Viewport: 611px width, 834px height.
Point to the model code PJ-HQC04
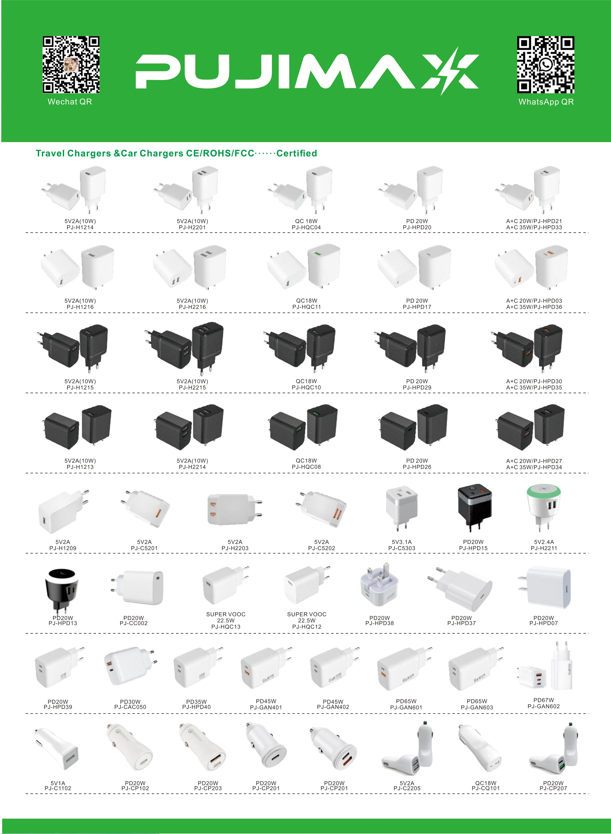(306, 227)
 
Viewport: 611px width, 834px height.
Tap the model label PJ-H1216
(80, 307)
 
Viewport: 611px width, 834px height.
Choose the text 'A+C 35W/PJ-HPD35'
(534, 388)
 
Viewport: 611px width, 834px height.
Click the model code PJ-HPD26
(417, 467)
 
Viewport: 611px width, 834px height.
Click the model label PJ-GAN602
(544, 706)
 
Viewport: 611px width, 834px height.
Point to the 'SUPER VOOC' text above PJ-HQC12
(307, 614)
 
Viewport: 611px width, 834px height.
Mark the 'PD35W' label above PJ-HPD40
(196, 702)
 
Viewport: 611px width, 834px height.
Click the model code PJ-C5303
(402, 548)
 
